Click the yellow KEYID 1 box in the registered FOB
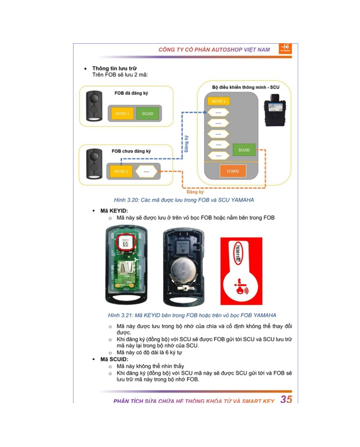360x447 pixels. pos(121,113)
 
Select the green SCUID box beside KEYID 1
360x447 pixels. pos(148,113)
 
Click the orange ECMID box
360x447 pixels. pos(229,170)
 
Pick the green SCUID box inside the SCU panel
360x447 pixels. pos(244,150)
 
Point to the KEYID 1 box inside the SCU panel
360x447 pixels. pos(218,101)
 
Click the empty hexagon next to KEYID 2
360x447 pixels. pos(147,171)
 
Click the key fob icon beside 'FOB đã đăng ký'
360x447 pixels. pos(94,106)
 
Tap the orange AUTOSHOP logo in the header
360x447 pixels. pos(285,48)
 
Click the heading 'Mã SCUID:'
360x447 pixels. pos(114,359)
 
